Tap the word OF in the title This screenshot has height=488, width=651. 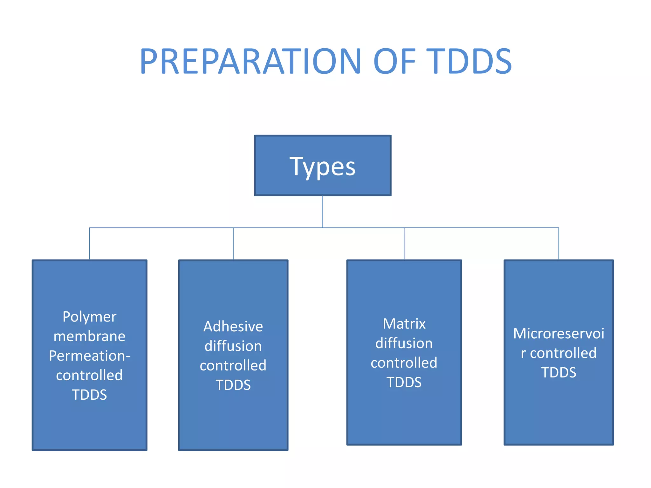click(394, 61)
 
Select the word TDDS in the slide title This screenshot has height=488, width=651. click(469, 61)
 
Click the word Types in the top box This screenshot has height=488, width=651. click(322, 166)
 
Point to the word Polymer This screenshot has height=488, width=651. click(89, 317)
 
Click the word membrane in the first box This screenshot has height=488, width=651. click(89, 336)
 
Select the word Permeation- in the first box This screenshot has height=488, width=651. click(89, 356)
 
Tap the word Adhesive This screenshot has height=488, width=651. click(233, 327)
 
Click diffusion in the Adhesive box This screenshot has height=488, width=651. click(233, 346)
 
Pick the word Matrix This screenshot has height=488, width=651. click(404, 324)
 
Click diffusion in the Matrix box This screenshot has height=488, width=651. click(404, 343)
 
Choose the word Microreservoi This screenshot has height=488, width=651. click(558, 334)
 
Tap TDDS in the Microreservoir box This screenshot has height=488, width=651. click(558, 373)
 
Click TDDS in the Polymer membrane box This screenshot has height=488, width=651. click(89, 395)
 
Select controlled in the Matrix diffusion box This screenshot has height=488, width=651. click(404, 363)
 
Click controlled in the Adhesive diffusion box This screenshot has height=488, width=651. click(233, 365)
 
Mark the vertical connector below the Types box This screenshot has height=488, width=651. click(323, 211)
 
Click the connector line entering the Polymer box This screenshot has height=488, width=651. click(90, 244)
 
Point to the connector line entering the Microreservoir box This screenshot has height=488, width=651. click(558, 244)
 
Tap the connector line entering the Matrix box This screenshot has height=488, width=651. click(404, 244)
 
